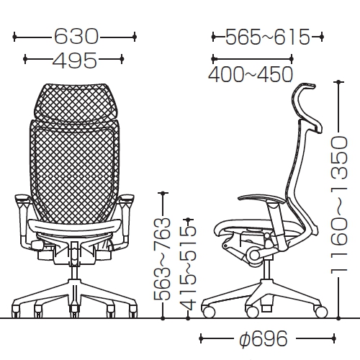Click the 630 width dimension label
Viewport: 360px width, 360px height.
pyautogui.click(x=76, y=37)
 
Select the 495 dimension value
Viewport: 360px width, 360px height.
pyautogui.click(x=75, y=59)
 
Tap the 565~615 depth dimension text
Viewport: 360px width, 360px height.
pyautogui.click(x=268, y=37)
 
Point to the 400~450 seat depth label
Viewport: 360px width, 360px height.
pyautogui.click(x=251, y=74)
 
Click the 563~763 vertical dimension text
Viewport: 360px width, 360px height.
pyautogui.click(x=162, y=260)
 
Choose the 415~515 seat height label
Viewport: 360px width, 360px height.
pyautogui.click(x=188, y=269)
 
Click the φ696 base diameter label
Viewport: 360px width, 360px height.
pyautogui.click(x=264, y=338)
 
